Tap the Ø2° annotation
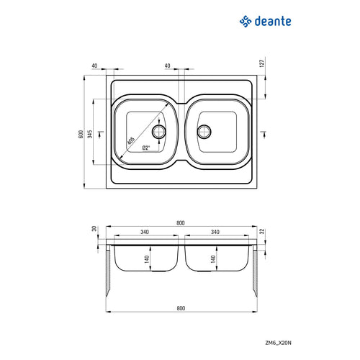pos(145,148)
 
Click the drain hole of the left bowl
pos(159,131)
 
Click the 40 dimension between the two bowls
pos(167,66)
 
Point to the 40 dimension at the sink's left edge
pos(95,66)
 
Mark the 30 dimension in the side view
pos(94,230)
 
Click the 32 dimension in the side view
pos(264,232)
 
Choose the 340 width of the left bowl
pos(145,233)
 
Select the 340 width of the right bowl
pos(216,233)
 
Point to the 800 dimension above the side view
pos(180,222)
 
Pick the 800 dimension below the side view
pos(180,308)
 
